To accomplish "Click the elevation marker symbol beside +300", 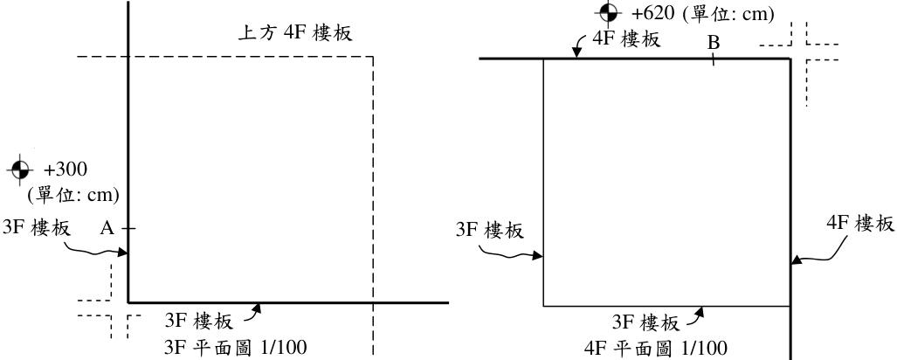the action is (19, 170).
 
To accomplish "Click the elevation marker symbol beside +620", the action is (608, 11).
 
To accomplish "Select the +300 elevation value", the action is (66, 170).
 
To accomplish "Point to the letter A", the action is (107, 228).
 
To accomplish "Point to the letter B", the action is (713, 43).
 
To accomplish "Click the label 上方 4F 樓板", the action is (294, 32).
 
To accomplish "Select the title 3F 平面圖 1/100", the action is (235, 348).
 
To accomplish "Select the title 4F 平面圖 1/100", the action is (656, 348).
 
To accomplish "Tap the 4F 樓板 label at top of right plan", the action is (626, 39).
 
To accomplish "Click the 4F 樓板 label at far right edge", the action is (859, 224).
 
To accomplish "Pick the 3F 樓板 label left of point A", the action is (37, 227).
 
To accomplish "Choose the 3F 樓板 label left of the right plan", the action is (490, 231).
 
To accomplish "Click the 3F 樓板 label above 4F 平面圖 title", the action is (645, 322).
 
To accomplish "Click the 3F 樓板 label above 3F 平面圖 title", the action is (198, 322).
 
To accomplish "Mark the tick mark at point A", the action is (128, 229).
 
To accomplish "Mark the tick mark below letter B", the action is (713, 59).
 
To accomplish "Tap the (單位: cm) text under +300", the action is (73, 195).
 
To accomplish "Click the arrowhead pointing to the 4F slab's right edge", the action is (796, 261).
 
